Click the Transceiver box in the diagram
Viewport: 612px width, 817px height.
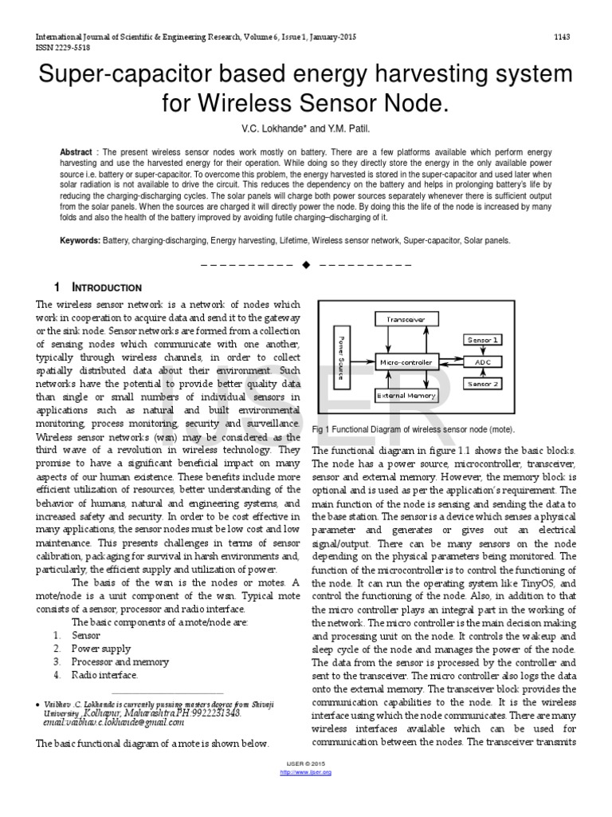406,319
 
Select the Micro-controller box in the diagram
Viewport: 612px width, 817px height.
406,361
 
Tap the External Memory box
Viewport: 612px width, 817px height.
406,395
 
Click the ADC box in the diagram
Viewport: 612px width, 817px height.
483,361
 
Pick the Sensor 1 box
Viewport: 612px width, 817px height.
483,339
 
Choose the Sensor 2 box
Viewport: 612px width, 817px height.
483,384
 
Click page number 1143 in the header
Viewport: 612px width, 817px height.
562,38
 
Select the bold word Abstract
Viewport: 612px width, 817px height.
76,152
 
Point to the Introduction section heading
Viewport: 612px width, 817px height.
108,287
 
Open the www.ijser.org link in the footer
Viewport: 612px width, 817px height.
306,772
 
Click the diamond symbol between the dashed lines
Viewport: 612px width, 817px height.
306,265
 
